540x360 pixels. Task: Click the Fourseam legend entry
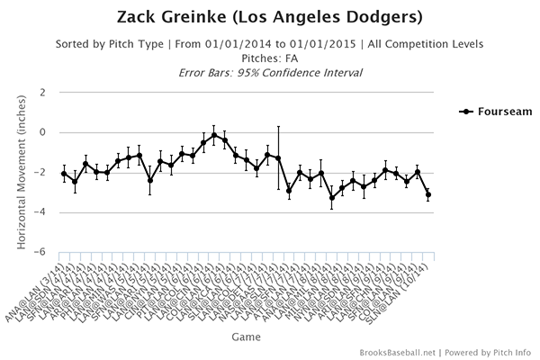493,112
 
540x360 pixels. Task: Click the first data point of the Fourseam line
64,174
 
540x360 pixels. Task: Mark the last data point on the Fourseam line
428,194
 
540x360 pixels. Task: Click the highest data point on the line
214,134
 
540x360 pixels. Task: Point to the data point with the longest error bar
278,158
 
